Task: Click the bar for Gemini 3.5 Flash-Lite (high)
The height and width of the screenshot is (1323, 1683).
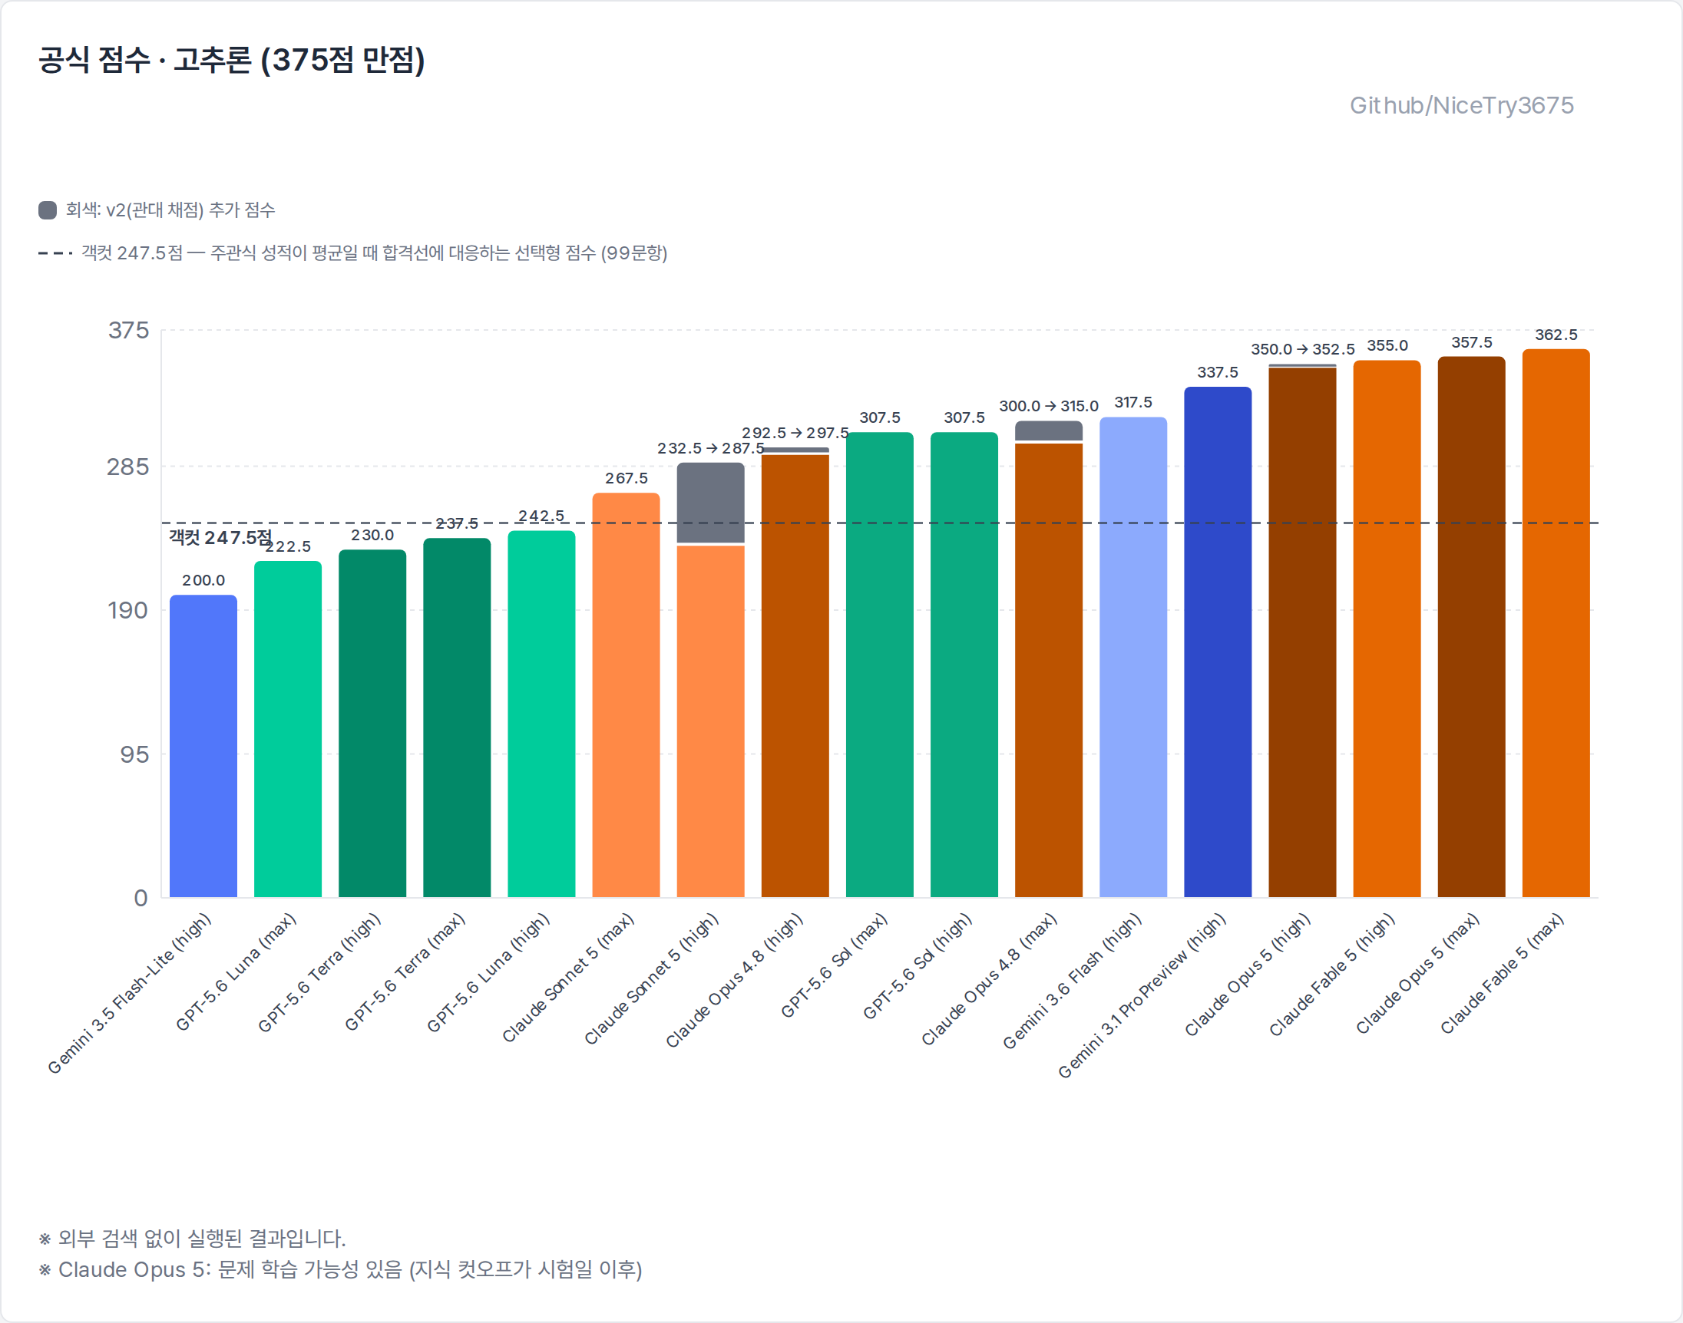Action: point(203,746)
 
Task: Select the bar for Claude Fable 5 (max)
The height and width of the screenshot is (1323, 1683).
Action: point(1556,623)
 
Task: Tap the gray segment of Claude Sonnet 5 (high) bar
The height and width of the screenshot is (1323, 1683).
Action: point(710,503)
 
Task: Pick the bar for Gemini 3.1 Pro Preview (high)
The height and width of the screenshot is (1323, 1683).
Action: point(1218,642)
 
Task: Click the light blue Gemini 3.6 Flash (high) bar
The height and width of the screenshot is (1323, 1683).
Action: point(1133,657)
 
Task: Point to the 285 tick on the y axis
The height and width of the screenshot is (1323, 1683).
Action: point(128,467)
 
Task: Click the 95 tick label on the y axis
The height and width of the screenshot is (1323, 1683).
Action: point(134,754)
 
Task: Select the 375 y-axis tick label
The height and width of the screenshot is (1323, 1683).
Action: point(129,331)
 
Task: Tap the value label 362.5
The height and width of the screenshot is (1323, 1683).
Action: point(1556,335)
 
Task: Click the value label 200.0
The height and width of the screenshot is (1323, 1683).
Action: point(203,580)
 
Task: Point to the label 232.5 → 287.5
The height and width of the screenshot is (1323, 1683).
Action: point(710,448)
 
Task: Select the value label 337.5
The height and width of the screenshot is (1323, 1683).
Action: point(1218,373)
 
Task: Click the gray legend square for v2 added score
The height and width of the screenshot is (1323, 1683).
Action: point(48,210)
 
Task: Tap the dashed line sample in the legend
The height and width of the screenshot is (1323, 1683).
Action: point(55,253)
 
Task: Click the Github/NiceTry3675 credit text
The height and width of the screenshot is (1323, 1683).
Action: point(1461,105)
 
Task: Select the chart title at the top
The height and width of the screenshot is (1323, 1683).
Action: point(232,61)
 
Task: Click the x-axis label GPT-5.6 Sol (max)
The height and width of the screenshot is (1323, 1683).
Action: point(834,965)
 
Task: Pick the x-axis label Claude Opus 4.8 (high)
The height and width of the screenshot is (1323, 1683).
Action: point(734,981)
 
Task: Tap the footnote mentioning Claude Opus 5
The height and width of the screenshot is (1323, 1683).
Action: point(340,1269)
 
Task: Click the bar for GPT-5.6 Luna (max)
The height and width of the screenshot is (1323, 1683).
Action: point(287,729)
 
